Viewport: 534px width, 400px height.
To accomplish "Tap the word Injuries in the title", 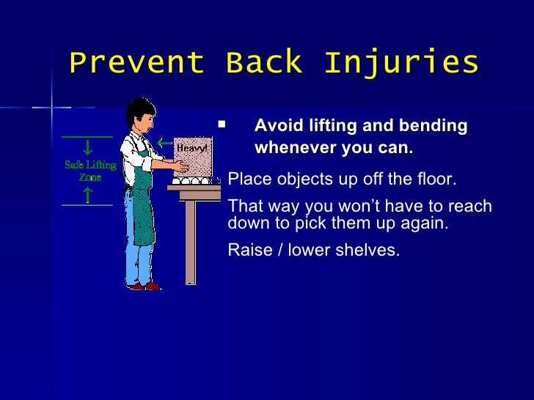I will tap(400, 63).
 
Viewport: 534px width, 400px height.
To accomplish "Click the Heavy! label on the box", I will tap(191, 149).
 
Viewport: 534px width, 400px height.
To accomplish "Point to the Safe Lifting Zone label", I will tap(89, 171).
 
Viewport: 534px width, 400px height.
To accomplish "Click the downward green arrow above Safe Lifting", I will tap(87, 147).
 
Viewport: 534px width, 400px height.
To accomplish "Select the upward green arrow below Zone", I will tap(87, 194).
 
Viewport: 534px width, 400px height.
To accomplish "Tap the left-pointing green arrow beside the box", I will tap(165, 143).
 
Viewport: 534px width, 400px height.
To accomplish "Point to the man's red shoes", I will tap(143, 286).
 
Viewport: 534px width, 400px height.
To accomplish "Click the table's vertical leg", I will tap(190, 242).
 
